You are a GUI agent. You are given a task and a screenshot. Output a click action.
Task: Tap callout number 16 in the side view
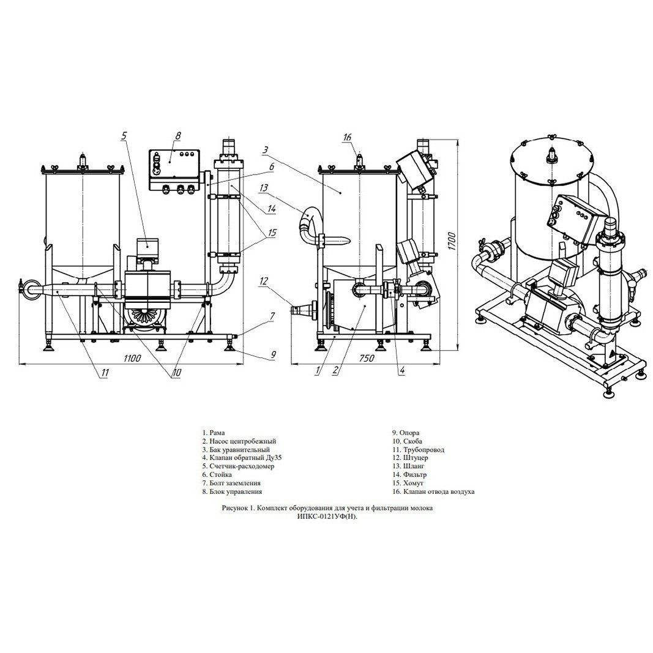(x=348, y=137)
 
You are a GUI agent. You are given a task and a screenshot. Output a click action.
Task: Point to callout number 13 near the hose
(x=264, y=188)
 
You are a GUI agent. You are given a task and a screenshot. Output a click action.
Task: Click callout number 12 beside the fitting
(x=264, y=281)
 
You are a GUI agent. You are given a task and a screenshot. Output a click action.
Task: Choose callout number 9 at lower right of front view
(x=273, y=355)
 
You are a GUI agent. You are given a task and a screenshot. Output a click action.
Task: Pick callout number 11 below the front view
(x=105, y=373)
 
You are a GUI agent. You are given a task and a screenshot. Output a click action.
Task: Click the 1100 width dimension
(x=132, y=358)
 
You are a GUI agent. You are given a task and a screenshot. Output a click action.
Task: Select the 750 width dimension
(x=367, y=358)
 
